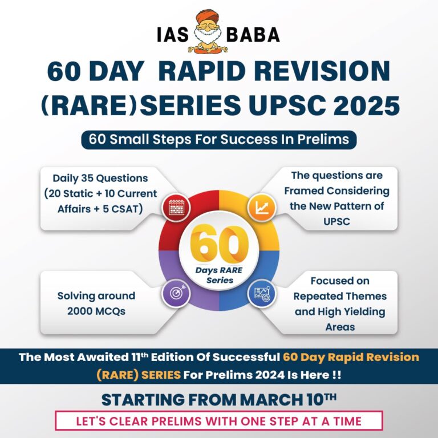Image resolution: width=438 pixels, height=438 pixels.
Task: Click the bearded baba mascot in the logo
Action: [x=208, y=31]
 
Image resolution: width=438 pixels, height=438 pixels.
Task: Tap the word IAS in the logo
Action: [x=173, y=35]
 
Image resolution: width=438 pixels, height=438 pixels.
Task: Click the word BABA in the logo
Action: [x=253, y=35]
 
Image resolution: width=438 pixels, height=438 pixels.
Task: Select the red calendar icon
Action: [x=176, y=208]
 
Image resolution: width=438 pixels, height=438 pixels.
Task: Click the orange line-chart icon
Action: [x=262, y=208]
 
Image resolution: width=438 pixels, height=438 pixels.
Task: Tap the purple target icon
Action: [x=176, y=293]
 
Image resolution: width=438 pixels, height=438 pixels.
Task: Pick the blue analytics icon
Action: [x=262, y=293]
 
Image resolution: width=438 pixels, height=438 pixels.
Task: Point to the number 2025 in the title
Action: [x=366, y=106]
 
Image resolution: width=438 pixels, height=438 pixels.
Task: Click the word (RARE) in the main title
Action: [x=90, y=106]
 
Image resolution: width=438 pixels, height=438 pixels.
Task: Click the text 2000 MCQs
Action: [x=96, y=311]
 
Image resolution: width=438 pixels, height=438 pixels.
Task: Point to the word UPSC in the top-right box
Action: [x=336, y=221]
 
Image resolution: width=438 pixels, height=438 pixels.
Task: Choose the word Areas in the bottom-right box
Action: [x=340, y=327]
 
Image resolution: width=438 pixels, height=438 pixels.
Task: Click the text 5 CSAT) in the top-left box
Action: [x=123, y=209]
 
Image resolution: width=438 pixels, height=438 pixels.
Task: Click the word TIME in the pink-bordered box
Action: [x=347, y=421]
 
